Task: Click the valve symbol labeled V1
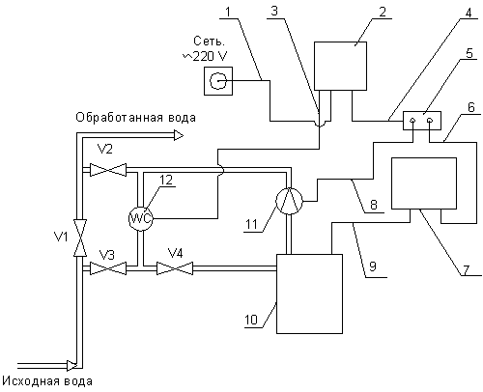pos(79,238)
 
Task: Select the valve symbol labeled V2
pos(108,170)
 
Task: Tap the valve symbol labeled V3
pos(108,268)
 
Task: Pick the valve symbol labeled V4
pos(175,268)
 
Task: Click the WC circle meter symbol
pos(140,219)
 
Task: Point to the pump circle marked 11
pos(289,201)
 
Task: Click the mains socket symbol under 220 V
pos(218,81)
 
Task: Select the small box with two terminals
pos(422,121)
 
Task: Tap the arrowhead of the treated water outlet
pos(179,136)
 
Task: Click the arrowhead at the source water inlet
pos(71,365)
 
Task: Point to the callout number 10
pos(251,320)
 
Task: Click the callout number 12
pos(166,181)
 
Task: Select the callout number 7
pos(467,269)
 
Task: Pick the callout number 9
pos(373,266)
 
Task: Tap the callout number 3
pos(274,12)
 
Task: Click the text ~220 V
pos(205,56)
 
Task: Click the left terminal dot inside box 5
pos(412,121)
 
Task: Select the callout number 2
pos(383,12)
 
